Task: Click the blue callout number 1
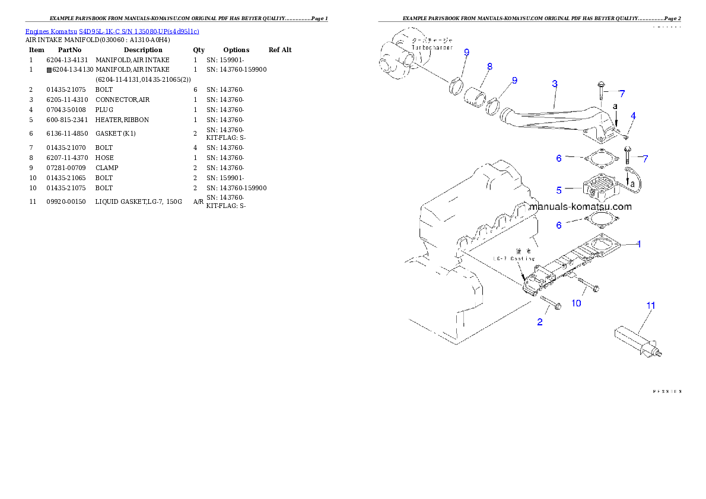tap(638, 244)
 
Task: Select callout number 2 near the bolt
tap(540, 322)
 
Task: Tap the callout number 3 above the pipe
tap(554, 84)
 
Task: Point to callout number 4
tap(633, 116)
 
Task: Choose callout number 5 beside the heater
tap(558, 190)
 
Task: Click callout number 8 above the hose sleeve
tap(489, 67)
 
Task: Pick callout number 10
tap(576, 303)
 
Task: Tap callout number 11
tap(651, 305)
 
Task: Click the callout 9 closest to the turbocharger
tap(466, 53)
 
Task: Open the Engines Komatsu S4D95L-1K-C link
tap(112, 31)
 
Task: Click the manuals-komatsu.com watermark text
tap(580, 207)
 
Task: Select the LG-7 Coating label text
tap(514, 258)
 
